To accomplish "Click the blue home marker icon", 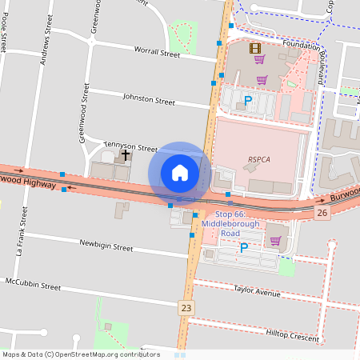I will [180, 173].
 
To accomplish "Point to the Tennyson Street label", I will [130, 147].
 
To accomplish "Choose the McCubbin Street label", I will [33, 284].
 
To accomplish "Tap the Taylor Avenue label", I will [258, 292].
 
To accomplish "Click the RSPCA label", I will [259, 159].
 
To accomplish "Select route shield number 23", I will [186, 307].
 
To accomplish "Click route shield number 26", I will [322, 212].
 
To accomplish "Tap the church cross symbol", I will [126, 154].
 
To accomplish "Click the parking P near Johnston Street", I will [248, 101].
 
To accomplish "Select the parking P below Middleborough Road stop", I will [244, 248].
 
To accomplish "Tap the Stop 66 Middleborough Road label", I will [230, 218].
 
